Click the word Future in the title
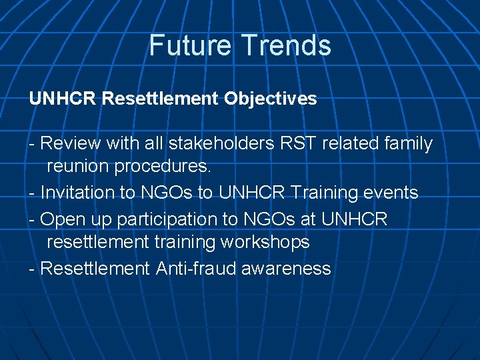191,45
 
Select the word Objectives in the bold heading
270,99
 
